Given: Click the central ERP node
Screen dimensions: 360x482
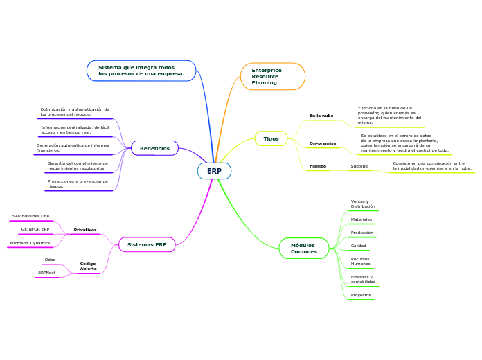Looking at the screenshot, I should click(214, 171).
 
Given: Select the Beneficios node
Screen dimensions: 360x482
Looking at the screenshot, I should click(154, 148).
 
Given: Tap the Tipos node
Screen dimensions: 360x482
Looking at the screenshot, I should click(271, 138).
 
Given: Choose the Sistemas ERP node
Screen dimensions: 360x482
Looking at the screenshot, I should click(147, 244).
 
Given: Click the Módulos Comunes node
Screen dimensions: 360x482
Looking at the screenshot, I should click(303, 249).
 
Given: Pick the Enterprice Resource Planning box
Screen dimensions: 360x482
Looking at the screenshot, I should click(272, 76).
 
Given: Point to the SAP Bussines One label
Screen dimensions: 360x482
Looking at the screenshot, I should click(31, 216).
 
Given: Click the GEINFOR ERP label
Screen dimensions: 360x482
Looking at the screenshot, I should click(35, 229).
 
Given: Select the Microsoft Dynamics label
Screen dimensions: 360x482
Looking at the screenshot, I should click(30, 243).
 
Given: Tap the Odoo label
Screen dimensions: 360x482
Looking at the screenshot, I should click(50, 260).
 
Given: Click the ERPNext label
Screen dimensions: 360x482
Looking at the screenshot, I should click(47, 273).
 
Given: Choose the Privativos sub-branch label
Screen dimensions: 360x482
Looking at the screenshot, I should click(85, 230).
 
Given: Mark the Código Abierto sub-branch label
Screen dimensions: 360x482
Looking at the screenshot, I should click(88, 267).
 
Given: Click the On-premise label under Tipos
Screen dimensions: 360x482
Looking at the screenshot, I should click(323, 143).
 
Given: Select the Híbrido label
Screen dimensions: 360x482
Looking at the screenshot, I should click(318, 166).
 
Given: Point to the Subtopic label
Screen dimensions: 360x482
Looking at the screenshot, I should click(359, 166).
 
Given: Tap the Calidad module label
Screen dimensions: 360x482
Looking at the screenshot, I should click(359, 246).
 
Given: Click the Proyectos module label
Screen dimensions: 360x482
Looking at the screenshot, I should click(360, 295).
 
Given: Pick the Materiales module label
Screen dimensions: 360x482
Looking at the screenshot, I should click(361, 219).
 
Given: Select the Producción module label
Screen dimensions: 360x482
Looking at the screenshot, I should click(361, 233).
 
